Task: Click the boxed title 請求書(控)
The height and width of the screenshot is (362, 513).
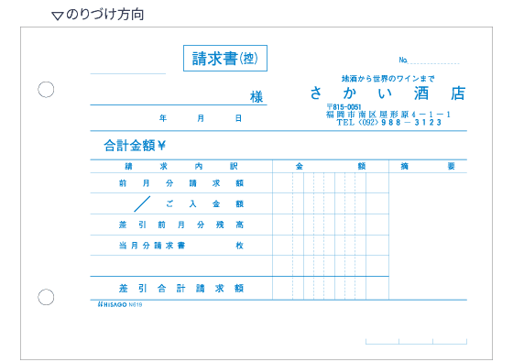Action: coord(224,59)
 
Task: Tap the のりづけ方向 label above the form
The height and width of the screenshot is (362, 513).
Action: coord(105,15)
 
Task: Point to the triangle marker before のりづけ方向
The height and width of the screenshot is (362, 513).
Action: coord(57,16)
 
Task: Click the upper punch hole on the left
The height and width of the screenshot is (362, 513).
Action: coord(46,89)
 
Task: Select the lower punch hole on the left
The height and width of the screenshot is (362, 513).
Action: coord(46,296)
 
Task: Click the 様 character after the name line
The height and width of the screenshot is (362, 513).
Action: coord(256,96)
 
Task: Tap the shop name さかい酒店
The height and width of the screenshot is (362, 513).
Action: coord(387,93)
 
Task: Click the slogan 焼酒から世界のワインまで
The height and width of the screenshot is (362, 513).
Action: coord(388,77)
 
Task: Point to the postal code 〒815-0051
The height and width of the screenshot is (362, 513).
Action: coord(344,107)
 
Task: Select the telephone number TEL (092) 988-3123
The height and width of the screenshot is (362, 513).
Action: coord(388,122)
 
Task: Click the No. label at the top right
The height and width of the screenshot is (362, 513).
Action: coord(403,60)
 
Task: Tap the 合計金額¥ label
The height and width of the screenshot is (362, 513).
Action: coord(134,145)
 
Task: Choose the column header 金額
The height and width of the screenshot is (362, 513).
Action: coord(331,166)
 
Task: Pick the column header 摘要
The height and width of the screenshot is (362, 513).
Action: coord(428,166)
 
